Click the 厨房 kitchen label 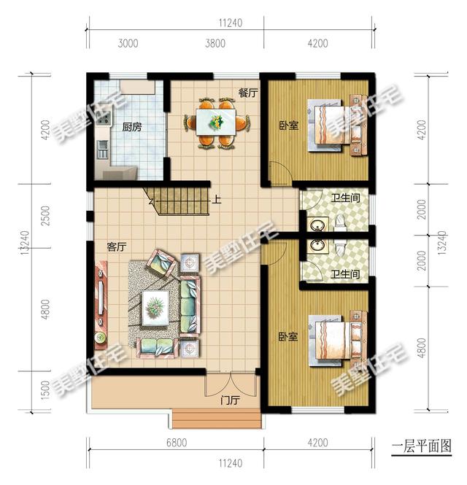click(x=132, y=127)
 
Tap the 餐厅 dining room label click(x=248, y=93)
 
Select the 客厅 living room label click(x=117, y=247)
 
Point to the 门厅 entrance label click(x=231, y=400)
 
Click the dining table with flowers click(x=216, y=122)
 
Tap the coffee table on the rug click(x=155, y=308)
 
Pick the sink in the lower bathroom click(x=317, y=246)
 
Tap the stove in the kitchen click(x=104, y=118)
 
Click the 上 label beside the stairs click(x=217, y=199)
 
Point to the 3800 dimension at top click(x=215, y=43)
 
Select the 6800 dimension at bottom click(x=177, y=443)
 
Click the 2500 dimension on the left click(x=45, y=215)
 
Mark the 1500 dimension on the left click(x=45, y=390)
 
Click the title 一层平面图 click(x=422, y=446)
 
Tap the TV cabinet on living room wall click(x=101, y=305)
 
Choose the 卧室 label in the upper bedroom click(x=289, y=125)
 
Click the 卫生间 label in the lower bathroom click(x=345, y=274)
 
